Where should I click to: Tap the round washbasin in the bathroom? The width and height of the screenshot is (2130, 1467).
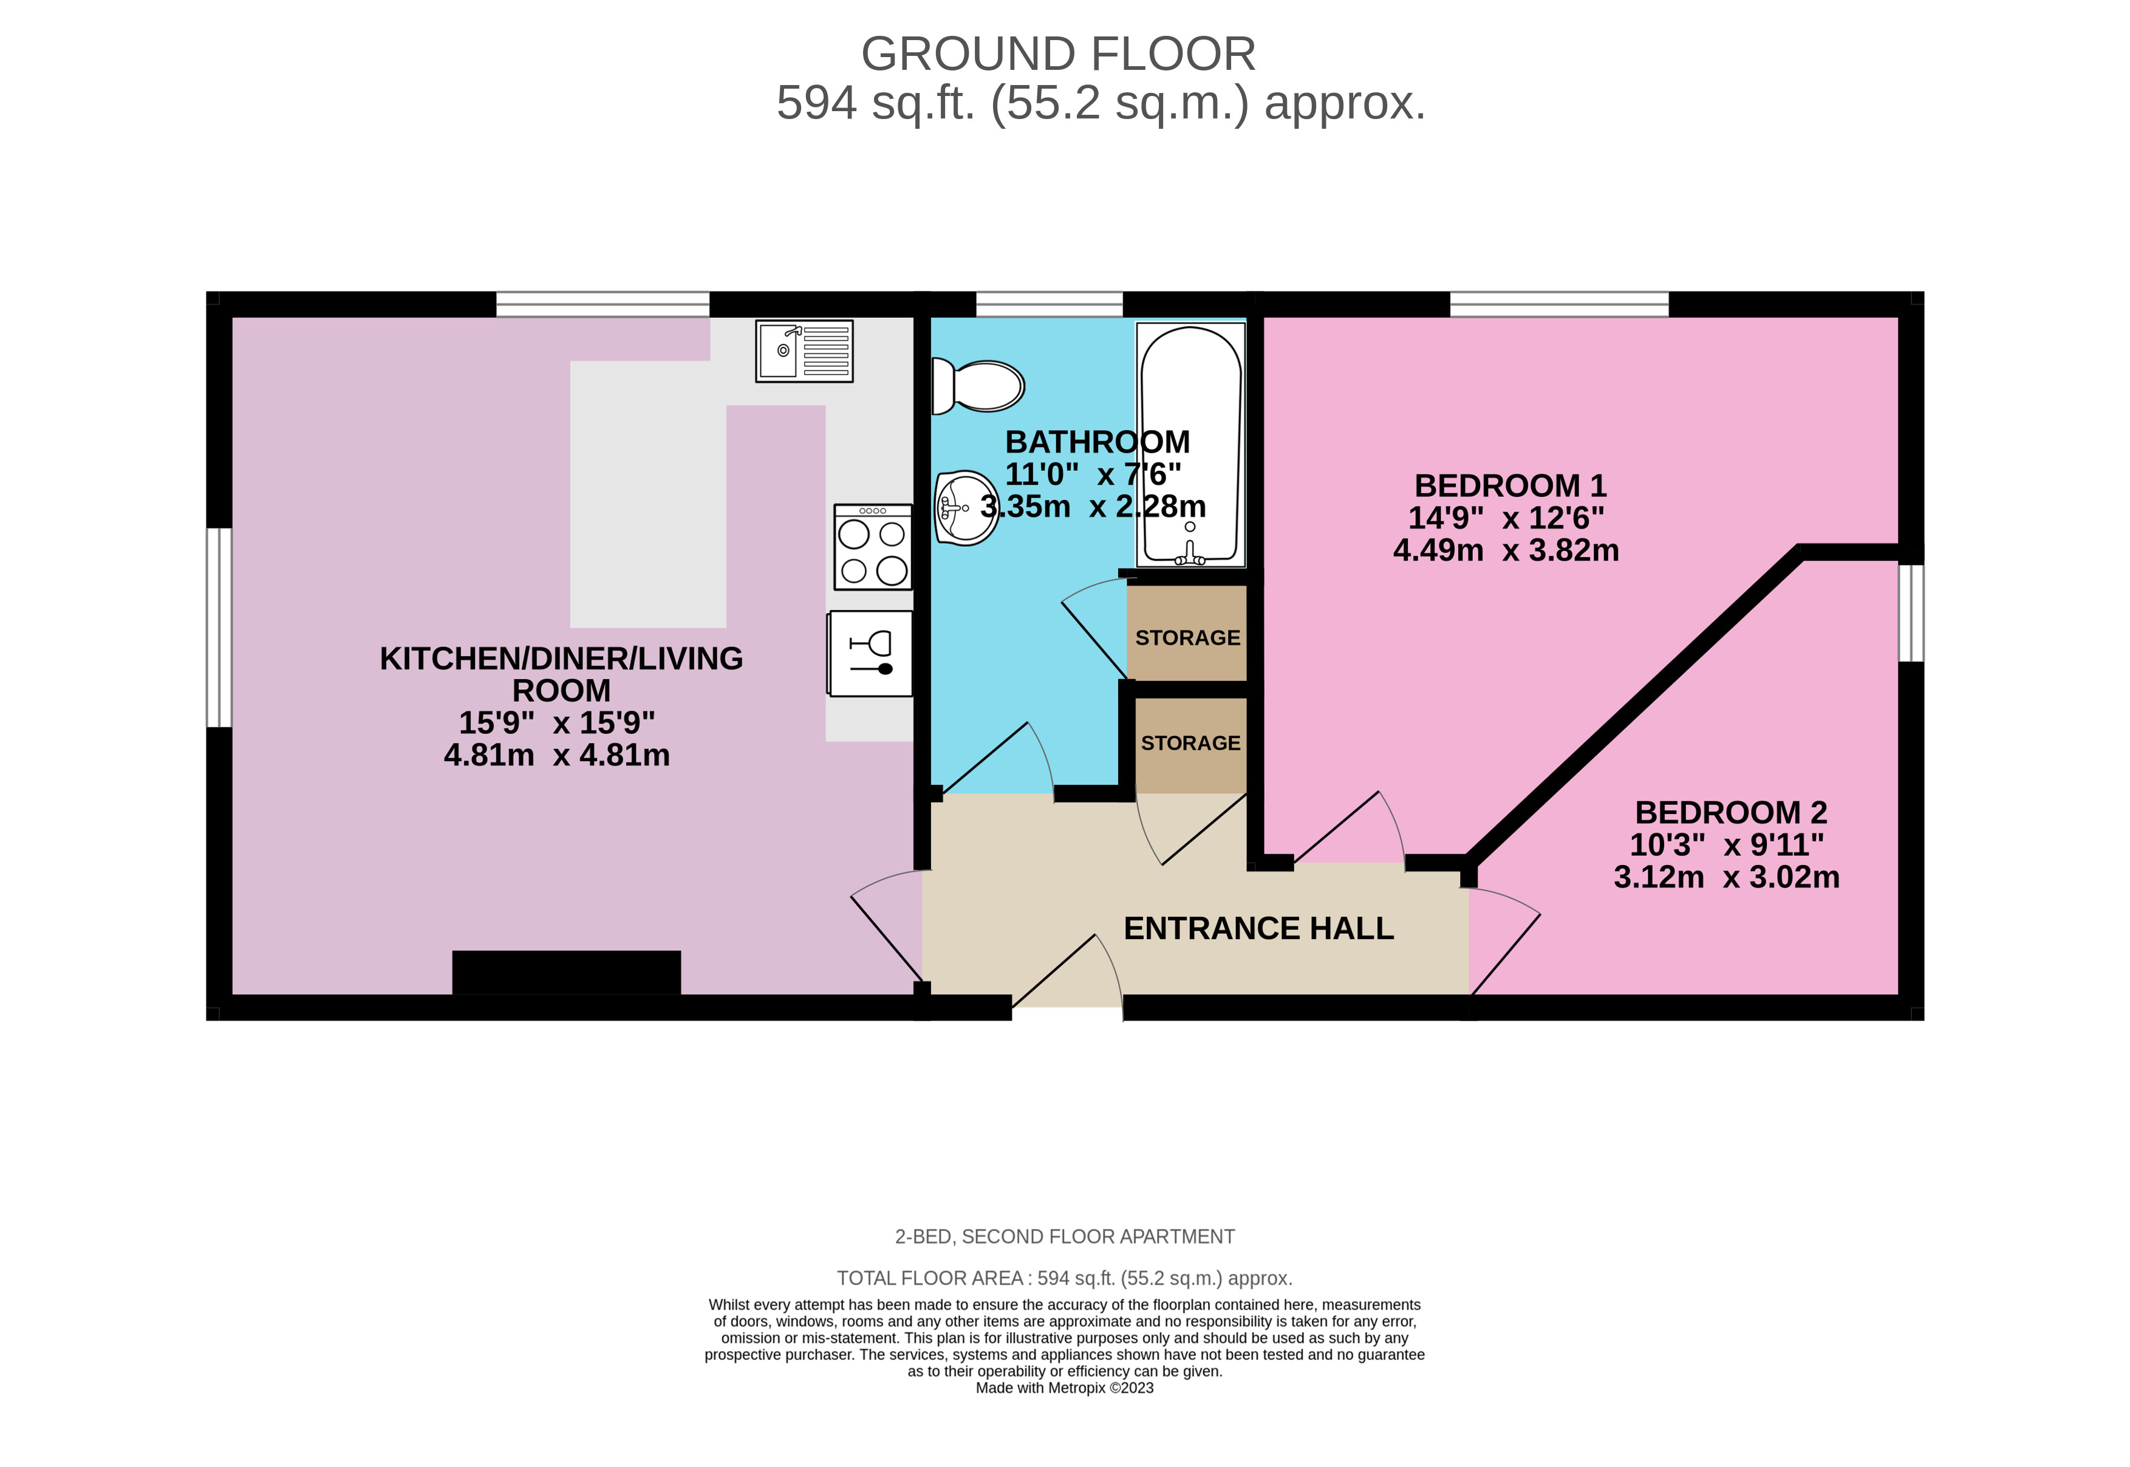pos(966,507)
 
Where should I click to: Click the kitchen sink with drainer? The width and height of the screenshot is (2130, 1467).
pos(804,351)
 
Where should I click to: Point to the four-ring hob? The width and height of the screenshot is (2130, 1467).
pos(873,547)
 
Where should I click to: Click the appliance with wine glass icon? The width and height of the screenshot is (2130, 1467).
pos(870,654)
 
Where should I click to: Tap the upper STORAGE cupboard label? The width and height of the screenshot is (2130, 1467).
pos(1187,638)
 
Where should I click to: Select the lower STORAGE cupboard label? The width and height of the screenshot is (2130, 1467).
pos(1190,743)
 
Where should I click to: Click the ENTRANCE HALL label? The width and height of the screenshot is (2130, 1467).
pos(1258,928)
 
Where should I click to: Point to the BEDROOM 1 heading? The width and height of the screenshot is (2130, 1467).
pos(1510,485)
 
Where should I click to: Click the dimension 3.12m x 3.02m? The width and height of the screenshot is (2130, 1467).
pos(1726,877)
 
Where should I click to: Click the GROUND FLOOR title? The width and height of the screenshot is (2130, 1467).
pos(1057,54)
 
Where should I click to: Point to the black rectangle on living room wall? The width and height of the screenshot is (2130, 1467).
pos(566,973)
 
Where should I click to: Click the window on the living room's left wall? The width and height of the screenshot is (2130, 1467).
pos(219,627)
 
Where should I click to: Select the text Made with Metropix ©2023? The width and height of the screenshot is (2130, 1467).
pos(1064,1388)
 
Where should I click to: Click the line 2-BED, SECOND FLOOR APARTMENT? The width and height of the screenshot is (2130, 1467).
pos(1064,1236)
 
